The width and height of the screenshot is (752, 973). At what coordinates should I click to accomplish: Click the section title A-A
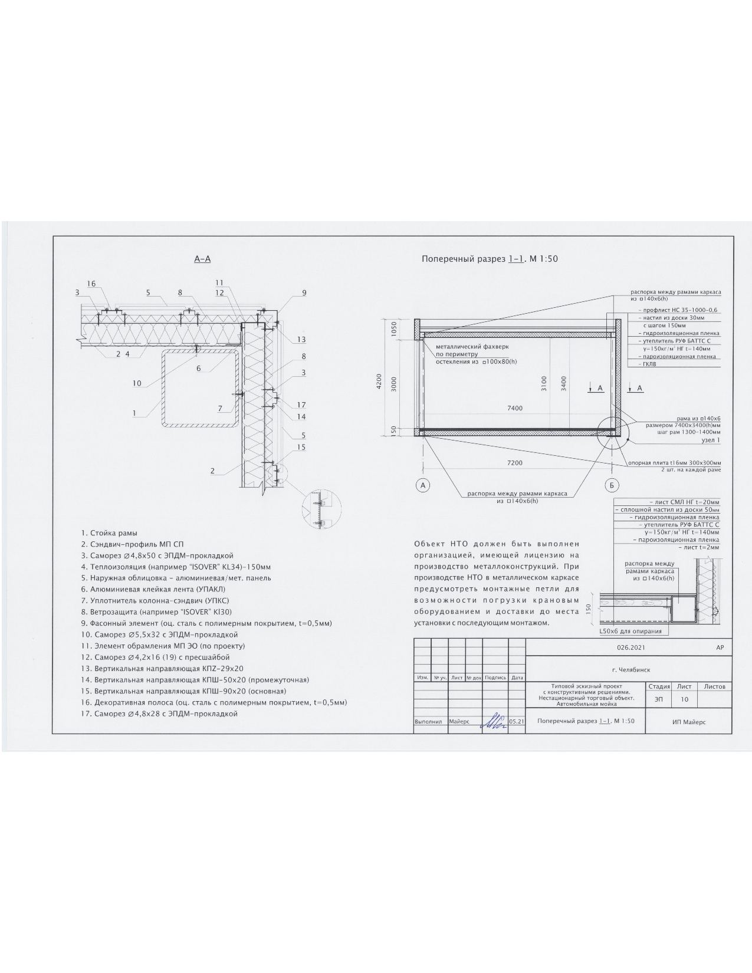click(202, 259)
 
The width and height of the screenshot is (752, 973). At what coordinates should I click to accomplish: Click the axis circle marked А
click(422, 485)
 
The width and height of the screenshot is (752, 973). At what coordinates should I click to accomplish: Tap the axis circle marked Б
click(612, 485)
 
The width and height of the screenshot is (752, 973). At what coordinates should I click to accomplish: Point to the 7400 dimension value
click(515, 408)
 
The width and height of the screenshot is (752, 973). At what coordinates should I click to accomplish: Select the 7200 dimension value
click(515, 462)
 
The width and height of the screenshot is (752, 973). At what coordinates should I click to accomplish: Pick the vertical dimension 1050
click(394, 329)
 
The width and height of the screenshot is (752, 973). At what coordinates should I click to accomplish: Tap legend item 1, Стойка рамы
click(109, 533)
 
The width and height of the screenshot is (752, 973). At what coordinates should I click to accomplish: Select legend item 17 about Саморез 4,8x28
click(159, 714)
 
